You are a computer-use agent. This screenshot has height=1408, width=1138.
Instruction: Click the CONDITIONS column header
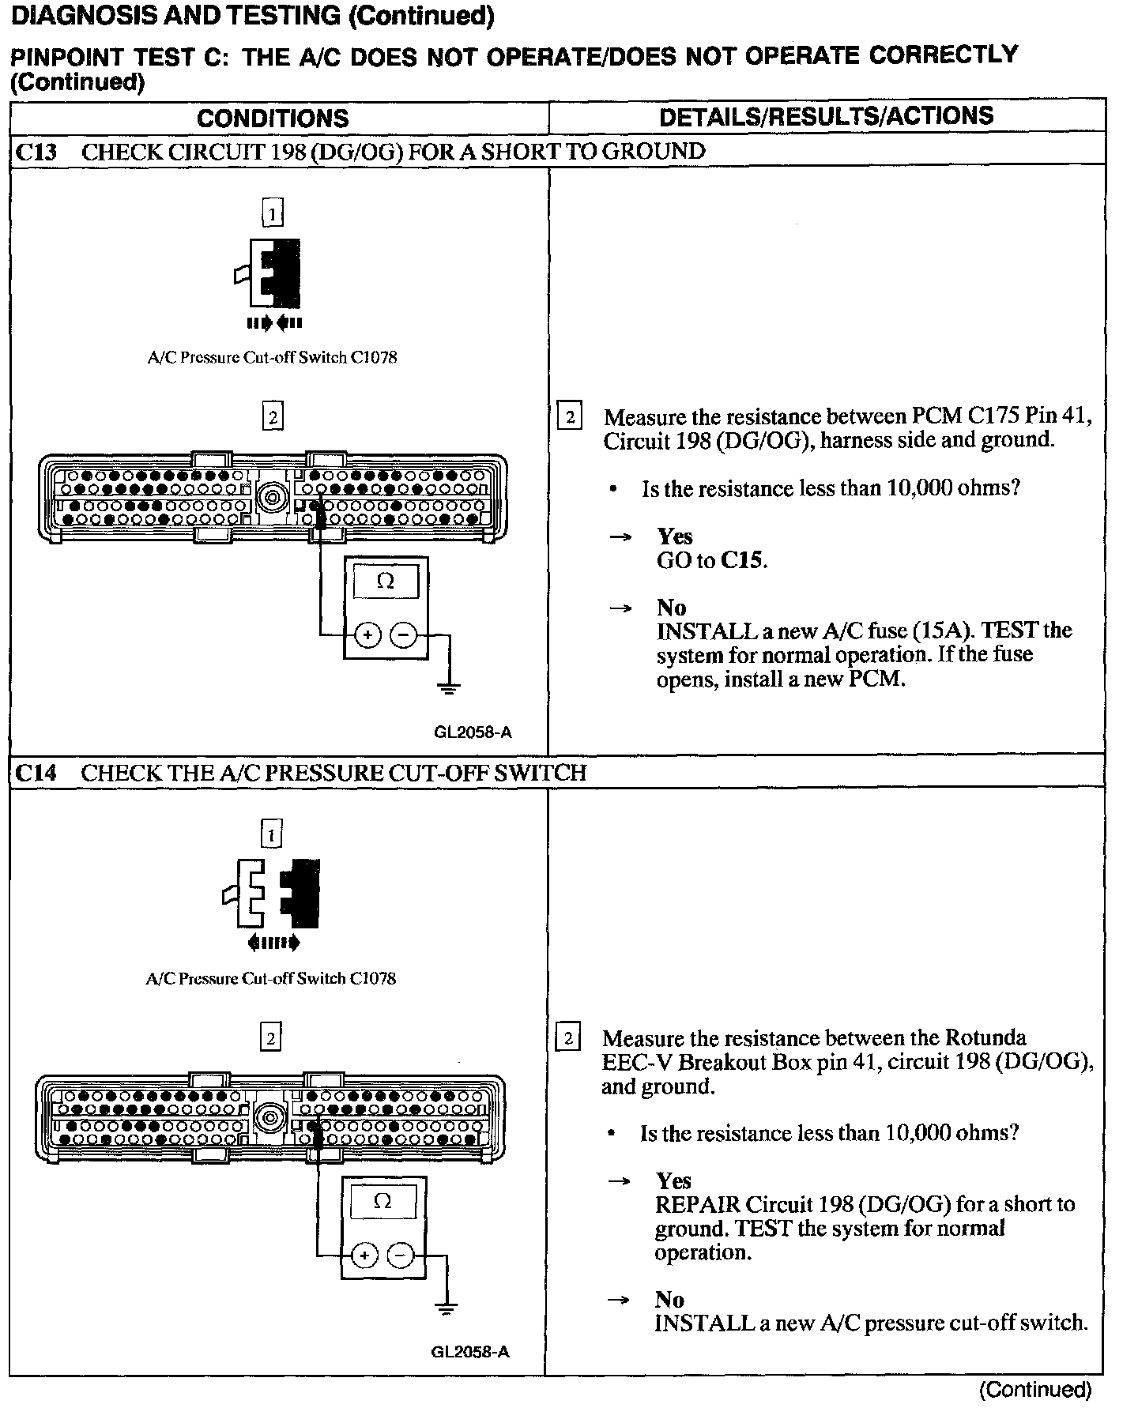pos(273,119)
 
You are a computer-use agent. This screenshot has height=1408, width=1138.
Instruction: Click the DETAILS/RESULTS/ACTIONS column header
pos(826,116)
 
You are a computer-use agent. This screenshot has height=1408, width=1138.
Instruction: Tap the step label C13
pos(36,152)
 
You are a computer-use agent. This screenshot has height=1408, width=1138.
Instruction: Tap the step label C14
pos(36,773)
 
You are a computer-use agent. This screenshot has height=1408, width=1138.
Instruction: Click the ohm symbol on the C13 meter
pos(386,582)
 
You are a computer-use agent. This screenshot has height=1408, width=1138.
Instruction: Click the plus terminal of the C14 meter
pos(364,1255)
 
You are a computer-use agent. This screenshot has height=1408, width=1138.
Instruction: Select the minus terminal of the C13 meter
pos(404,634)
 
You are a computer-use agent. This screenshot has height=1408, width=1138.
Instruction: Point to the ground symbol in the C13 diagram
pos(449,687)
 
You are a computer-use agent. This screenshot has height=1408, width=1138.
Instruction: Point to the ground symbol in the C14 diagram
pos(447,1308)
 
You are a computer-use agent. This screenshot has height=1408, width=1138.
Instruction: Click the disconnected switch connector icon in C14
pos(272,893)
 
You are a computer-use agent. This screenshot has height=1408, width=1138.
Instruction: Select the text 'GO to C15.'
pos(712,561)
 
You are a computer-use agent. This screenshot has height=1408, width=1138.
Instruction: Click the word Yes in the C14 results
pos(673,1181)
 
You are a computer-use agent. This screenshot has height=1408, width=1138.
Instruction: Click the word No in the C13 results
pos(671,608)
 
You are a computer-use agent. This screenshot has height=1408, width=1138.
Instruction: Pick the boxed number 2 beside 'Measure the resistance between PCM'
pos(570,416)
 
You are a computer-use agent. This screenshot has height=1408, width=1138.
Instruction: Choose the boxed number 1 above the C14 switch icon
pos(271,834)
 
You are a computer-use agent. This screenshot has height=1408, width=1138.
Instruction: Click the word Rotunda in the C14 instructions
pos(987,1037)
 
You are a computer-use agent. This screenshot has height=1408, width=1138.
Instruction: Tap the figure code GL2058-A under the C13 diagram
pos(473,732)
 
